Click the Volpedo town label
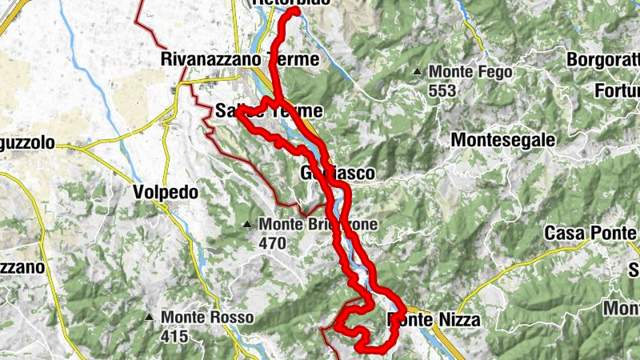pos(165,193)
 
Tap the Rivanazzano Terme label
pos(240,59)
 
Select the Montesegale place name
pos(502,140)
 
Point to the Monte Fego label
pos(470,73)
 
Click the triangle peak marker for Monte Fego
pos(417,73)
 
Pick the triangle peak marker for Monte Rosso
pos(150,318)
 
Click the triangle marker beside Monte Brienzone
pos(248,223)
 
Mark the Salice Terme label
pos(270,111)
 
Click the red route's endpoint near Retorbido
pos(295,11)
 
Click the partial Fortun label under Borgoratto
pos(617,91)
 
